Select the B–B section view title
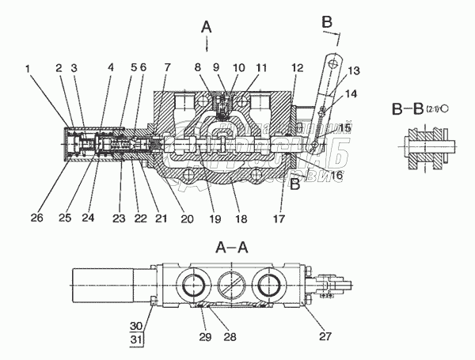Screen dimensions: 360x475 tap(413, 108)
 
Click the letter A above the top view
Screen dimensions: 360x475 tap(207, 27)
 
